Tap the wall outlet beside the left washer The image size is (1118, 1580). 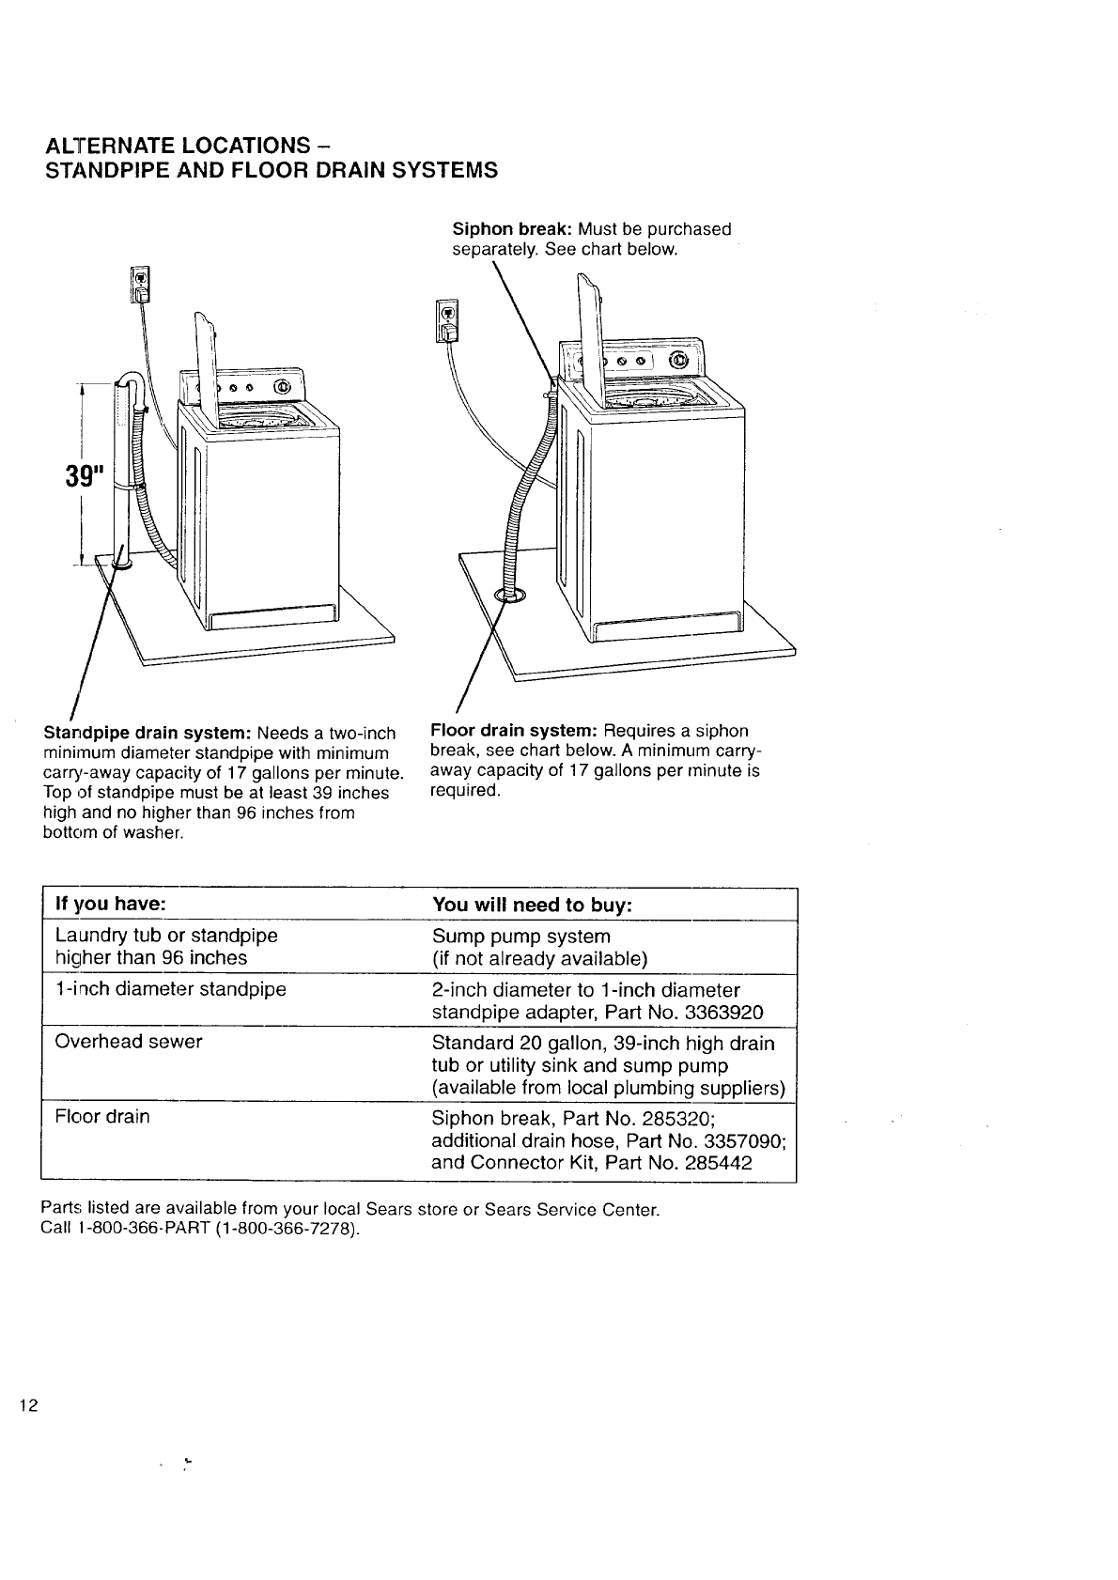pyautogui.click(x=139, y=284)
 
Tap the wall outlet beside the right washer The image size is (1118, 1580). pyautogui.click(x=448, y=320)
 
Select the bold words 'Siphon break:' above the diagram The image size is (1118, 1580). pyautogui.click(x=513, y=229)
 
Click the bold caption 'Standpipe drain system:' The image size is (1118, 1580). pyautogui.click(x=148, y=733)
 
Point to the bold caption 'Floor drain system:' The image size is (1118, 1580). pyautogui.click(x=514, y=731)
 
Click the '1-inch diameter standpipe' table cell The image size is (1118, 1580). pyautogui.click(x=170, y=989)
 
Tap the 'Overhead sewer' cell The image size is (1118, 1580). pyautogui.click(x=129, y=1042)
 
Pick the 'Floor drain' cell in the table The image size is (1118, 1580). pyautogui.click(x=102, y=1117)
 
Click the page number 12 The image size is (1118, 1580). pyautogui.click(x=28, y=1406)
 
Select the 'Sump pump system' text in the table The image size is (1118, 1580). pyautogui.click(x=520, y=937)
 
